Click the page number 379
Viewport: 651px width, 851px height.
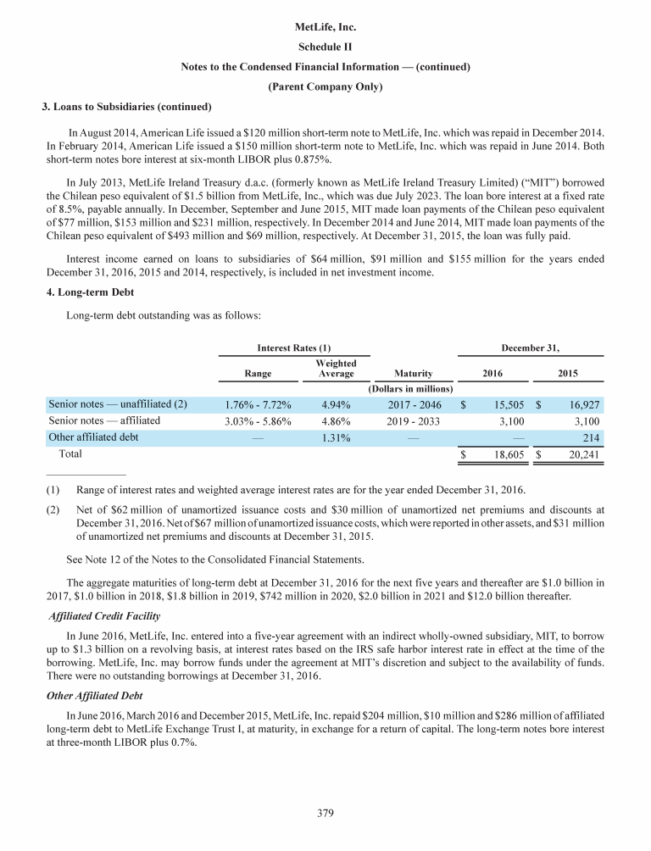325,815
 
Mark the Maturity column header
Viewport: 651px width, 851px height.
414,373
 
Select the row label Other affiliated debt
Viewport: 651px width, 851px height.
93,437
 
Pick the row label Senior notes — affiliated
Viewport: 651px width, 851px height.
104,420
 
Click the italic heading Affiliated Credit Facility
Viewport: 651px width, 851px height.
107,615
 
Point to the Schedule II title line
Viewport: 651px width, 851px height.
325,47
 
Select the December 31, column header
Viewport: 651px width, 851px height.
531,347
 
